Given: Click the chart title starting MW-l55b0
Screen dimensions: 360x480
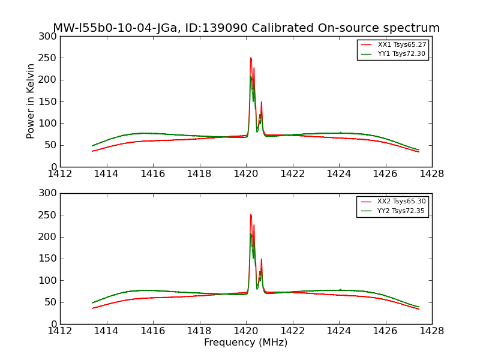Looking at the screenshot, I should click(x=246, y=28).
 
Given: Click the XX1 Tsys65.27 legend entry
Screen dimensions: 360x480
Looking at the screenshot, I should click(x=401, y=45).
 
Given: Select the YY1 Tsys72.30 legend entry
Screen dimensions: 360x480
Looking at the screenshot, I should click(x=401, y=54).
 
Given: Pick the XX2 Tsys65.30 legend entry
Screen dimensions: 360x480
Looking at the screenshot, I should click(x=401, y=202).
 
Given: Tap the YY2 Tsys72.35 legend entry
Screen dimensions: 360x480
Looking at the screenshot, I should click(x=401, y=211).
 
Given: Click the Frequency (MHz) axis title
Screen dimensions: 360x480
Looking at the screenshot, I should click(x=246, y=343).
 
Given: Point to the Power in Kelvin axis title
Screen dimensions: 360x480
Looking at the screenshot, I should click(x=31, y=101).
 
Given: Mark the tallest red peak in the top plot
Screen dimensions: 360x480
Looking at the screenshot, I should click(x=251, y=58).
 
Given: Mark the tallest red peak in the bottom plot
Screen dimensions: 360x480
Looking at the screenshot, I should click(x=251, y=215).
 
